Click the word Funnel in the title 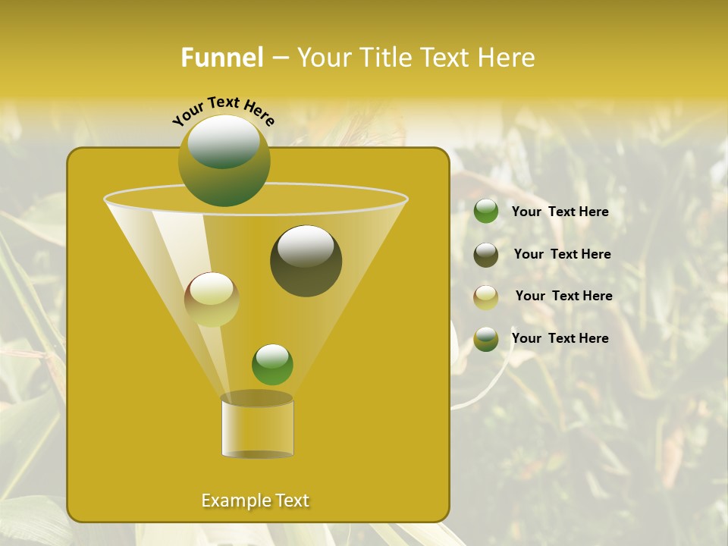(x=221, y=58)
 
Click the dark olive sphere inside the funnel (x=306, y=261)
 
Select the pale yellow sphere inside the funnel (x=212, y=300)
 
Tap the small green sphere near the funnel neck (x=272, y=365)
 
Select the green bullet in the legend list (x=486, y=212)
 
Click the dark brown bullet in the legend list (x=486, y=255)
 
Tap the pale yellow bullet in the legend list (x=486, y=297)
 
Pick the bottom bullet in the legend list (x=486, y=339)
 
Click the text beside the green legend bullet (x=560, y=212)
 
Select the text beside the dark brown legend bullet (x=562, y=254)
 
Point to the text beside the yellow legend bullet (x=563, y=296)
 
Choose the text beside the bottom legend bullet (x=560, y=338)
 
